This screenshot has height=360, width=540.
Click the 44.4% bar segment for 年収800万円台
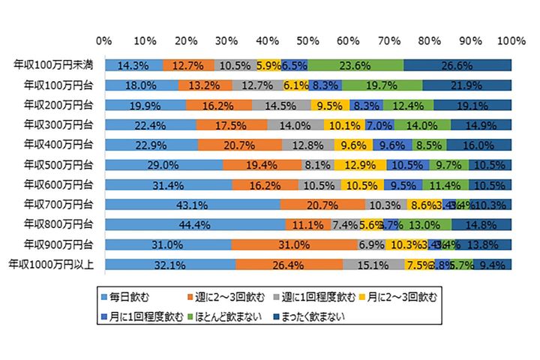click(195, 224)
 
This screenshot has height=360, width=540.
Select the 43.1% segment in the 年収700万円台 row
click(193, 204)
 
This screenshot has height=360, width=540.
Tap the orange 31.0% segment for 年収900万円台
click(294, 244)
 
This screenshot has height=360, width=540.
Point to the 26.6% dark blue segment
click(457, 64)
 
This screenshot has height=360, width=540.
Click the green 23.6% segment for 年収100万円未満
click(355, 64)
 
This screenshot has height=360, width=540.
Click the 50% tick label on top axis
click(307, 40)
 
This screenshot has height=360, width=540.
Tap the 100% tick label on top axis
click(511, 40)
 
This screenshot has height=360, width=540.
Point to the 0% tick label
click(105, 40)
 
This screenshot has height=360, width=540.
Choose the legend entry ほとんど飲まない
click(229, 316)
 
